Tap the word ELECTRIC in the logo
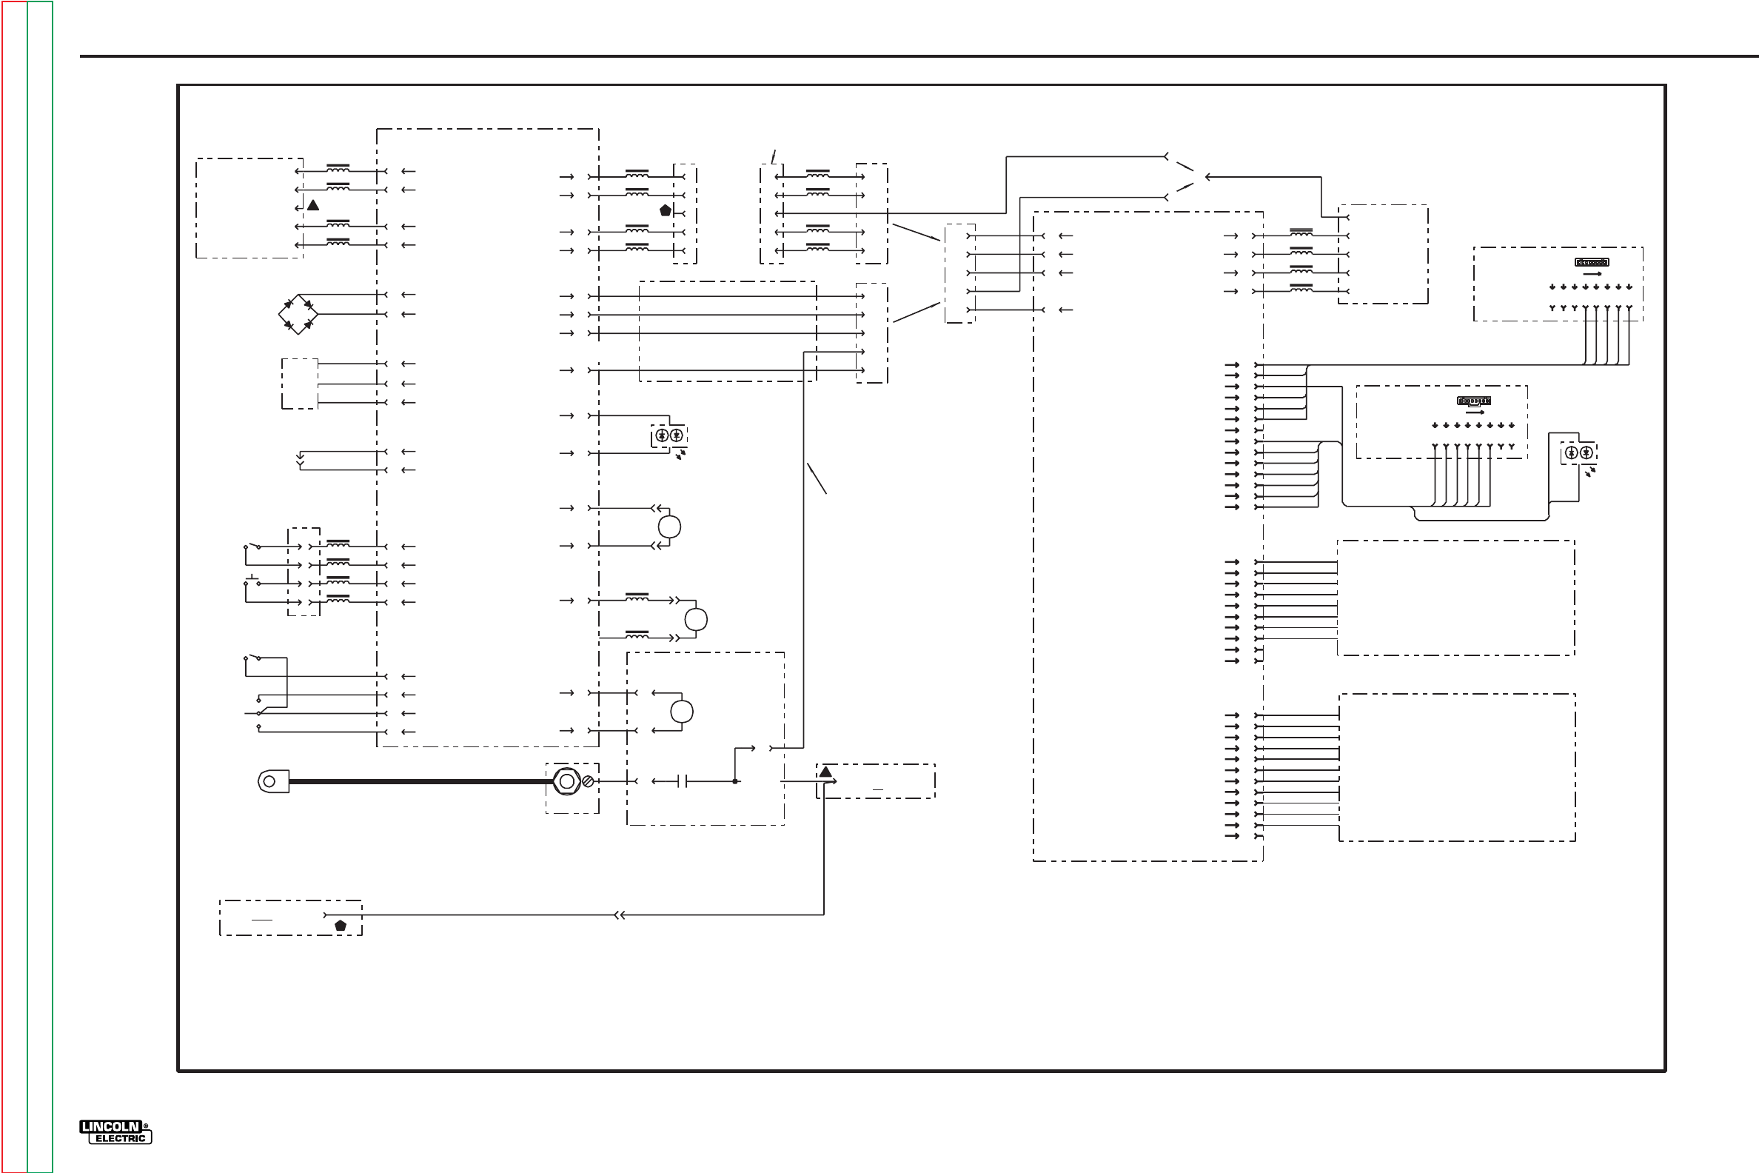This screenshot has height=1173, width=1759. click(x=121, y=1139)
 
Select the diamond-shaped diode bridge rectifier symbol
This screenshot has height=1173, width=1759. click(x=298, y=314)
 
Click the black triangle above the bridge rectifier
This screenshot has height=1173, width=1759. click(x=313, y=205)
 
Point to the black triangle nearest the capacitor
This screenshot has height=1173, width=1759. click(x=825, y=772)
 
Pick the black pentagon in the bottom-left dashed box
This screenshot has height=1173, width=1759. click(x=341, y=926)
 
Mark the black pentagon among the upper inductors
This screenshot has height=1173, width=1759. click(x=666, y=210)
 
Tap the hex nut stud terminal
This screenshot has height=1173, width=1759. click(x=567, y=782)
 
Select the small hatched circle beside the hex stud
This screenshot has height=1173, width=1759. click(x=588, y=782)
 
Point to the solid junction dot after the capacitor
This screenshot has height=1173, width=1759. click(x=735, y=782)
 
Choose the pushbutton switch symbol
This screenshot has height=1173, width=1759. click(x=252, y=580)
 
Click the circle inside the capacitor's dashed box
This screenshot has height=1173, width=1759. click(x=681, y=712)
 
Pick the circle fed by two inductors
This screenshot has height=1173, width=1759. click(x=695, y=619)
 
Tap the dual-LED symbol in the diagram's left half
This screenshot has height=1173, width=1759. click(x=669, y=435)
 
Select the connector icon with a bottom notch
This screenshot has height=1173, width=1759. click(x=1473, y=401)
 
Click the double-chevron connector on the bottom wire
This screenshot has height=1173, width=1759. click(x=619, y=915)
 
